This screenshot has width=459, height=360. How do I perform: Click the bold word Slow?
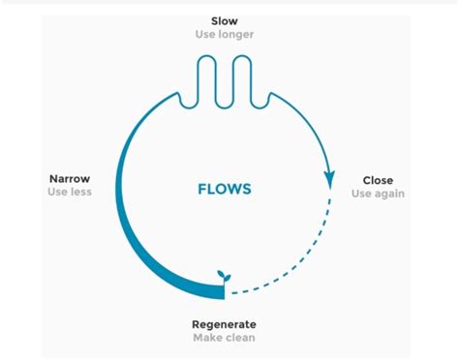225,20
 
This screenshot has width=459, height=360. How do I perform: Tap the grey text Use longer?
225,36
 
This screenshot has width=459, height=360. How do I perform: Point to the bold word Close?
377,180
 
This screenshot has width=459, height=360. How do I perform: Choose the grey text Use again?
377,194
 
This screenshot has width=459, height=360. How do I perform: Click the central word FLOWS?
225,188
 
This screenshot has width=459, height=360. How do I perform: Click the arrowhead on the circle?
329,179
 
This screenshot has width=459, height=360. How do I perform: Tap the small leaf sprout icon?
225,277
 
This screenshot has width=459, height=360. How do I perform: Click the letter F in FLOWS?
201,188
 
